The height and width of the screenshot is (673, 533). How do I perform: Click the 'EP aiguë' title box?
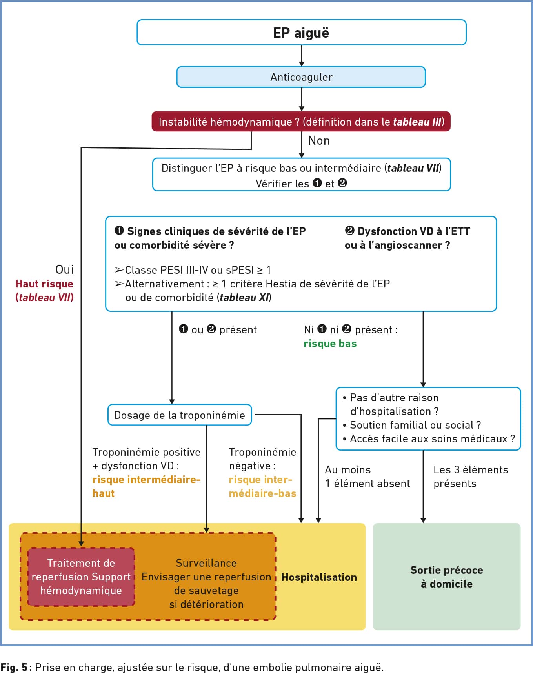tap(301, 32)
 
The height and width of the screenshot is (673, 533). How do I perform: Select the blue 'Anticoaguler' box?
tap(301, 77)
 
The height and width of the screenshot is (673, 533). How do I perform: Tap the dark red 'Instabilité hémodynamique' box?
tap(301, 122)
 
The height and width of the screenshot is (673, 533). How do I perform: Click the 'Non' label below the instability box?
tap(319, 140)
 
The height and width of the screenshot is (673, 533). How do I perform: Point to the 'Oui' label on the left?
tap(64, 269)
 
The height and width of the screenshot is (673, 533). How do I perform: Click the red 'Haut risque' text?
tap(44, 284)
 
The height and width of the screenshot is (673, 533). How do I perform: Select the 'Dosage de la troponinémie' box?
tap(180, 415)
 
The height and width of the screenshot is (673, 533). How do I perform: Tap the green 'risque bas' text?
tap(330, 344)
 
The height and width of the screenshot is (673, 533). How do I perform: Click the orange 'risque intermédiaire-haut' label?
tap(146, 486)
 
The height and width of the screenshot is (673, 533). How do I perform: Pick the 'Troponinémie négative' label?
tap(262, 459)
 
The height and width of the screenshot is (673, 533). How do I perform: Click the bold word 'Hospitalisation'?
tap(319, 577)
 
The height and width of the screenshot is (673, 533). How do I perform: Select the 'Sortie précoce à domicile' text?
tap(447, 577)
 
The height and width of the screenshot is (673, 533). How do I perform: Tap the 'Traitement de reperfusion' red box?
tap(81, 577)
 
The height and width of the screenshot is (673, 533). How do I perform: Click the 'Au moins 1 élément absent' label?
tap(367, 477)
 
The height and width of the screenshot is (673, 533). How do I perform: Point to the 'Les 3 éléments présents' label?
tap(471, 477)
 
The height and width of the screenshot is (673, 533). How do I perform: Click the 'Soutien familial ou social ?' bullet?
tap(412, 425)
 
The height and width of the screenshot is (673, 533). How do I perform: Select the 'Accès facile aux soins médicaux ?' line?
tap(429, 438)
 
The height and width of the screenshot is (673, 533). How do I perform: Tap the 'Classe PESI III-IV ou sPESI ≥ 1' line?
tap(193, 270)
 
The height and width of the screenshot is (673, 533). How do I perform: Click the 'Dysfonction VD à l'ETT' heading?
tap(407, 231)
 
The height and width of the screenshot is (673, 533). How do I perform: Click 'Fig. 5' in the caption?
tap(14, 667)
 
